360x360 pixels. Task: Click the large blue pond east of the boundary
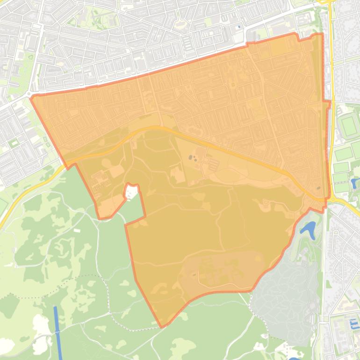pos(308,229)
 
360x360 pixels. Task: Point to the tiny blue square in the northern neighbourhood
pos(239,27)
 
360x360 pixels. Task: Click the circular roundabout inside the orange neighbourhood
pos(308,154)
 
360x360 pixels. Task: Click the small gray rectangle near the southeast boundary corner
pos(318,188)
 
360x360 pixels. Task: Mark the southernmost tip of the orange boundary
pos(162,327)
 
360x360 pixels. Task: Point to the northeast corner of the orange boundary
pos(322,34)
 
